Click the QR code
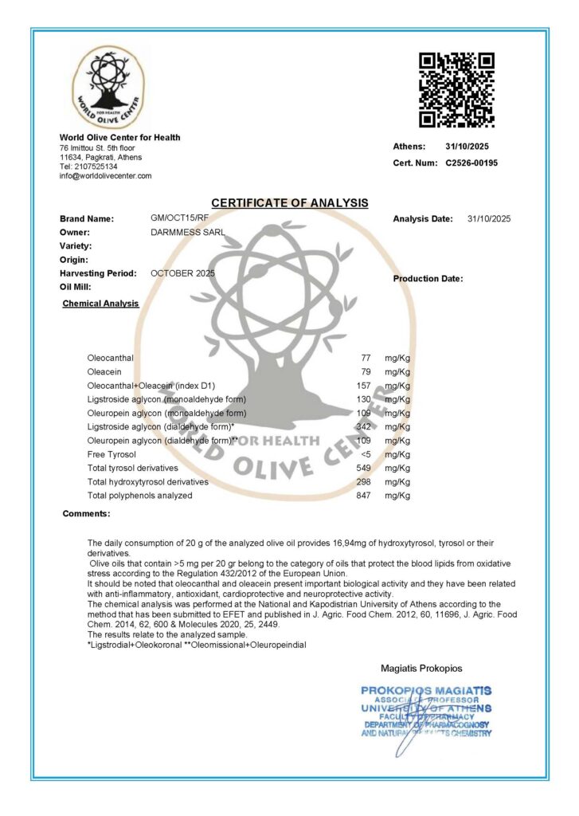click(x=456, y=89)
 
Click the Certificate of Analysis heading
click(x=289, y=203)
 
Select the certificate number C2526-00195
click(x=471, y=163)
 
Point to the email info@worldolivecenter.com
click(x=105, y=176)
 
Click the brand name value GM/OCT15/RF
click(x=179, y=218)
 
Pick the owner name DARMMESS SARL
click(x=187, y=232)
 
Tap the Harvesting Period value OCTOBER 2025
click(x=182, y=273)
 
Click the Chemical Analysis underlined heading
click(x=100, y=304)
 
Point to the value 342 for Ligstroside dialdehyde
click(x=364, y=427)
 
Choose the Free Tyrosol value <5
click(x=366, y=454)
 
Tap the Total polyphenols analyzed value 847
click(x=364, y=496)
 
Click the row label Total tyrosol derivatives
click(x=132, y=468)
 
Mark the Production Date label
click(x=428, y=279)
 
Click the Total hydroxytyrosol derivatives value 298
click(x=364, y=482)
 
